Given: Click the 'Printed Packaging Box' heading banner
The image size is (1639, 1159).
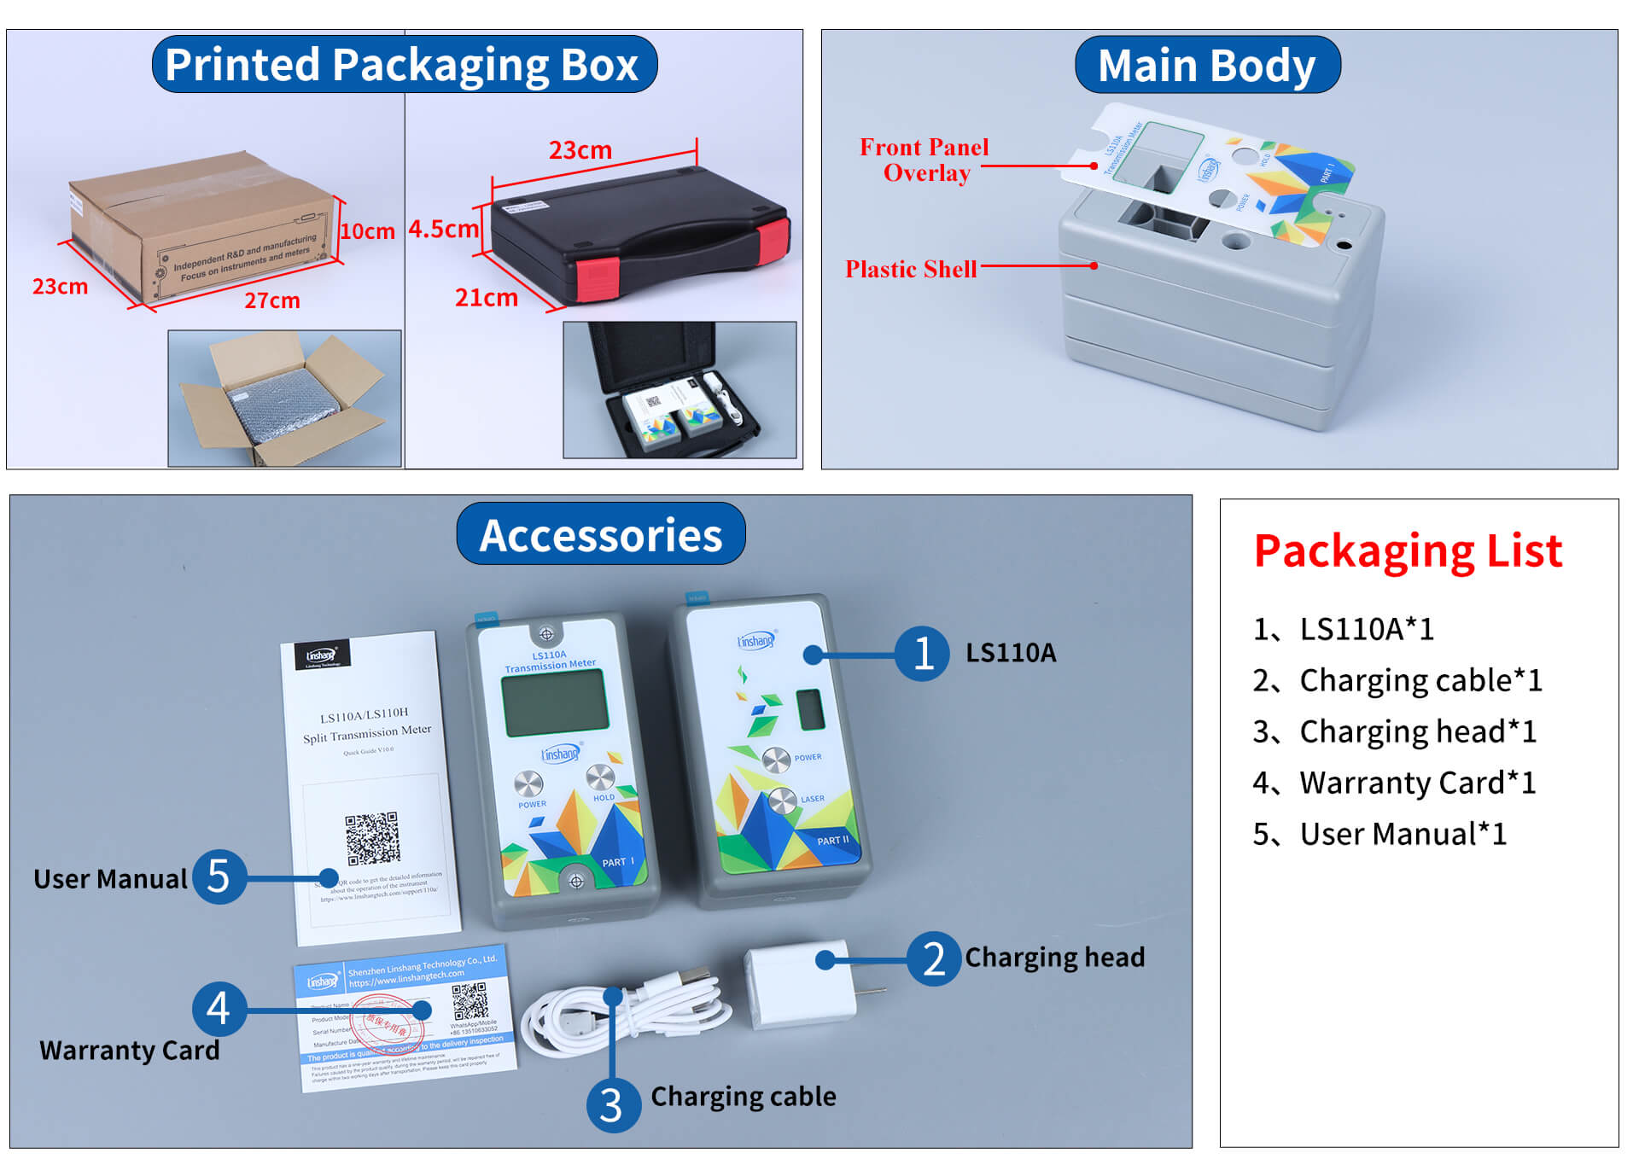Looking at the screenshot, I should coord(404,64).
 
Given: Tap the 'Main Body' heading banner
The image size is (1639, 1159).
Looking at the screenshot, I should coord(1206,65).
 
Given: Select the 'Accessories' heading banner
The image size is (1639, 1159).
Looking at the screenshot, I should coord(600,534).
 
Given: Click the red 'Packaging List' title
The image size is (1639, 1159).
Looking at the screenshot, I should coord(1407,550).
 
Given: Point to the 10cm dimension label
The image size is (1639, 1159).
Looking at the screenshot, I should coord(367,231).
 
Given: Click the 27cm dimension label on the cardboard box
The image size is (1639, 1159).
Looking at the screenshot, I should coord(271,300).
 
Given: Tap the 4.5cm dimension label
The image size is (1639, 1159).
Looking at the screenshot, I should coord(442,229).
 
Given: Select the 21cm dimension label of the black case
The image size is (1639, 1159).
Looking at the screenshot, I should coord(486,298).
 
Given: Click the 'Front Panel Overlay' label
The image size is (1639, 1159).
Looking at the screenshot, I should coord(924,160).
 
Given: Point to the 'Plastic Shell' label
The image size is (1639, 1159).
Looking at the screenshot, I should coord(910,269).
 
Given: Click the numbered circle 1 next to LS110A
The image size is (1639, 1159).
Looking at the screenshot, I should coord(922,654).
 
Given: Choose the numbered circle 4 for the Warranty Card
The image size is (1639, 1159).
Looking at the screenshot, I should coord(219,1008).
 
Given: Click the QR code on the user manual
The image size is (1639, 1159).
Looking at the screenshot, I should coord(372,837).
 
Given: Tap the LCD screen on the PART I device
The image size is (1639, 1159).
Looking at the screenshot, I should coord(555,702).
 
